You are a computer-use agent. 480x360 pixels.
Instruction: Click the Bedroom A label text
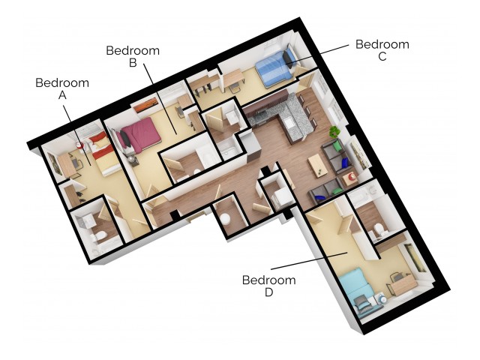(62, 88)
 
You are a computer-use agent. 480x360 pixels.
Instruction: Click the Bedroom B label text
(133, 57)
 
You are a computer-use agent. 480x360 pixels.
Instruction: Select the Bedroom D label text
(268, 286)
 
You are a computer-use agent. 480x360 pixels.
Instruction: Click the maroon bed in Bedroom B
(142, 135)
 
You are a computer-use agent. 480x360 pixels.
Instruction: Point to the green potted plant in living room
(334, 133)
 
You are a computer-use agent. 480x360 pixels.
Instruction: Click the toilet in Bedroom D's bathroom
(378, 228)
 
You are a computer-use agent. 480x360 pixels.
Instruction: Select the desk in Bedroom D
(400, 283)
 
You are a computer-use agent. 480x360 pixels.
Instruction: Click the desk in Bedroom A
(68, 165)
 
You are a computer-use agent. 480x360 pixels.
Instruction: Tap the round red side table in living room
(350, 179)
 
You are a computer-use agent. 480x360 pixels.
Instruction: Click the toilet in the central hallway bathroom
(223, 220)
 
